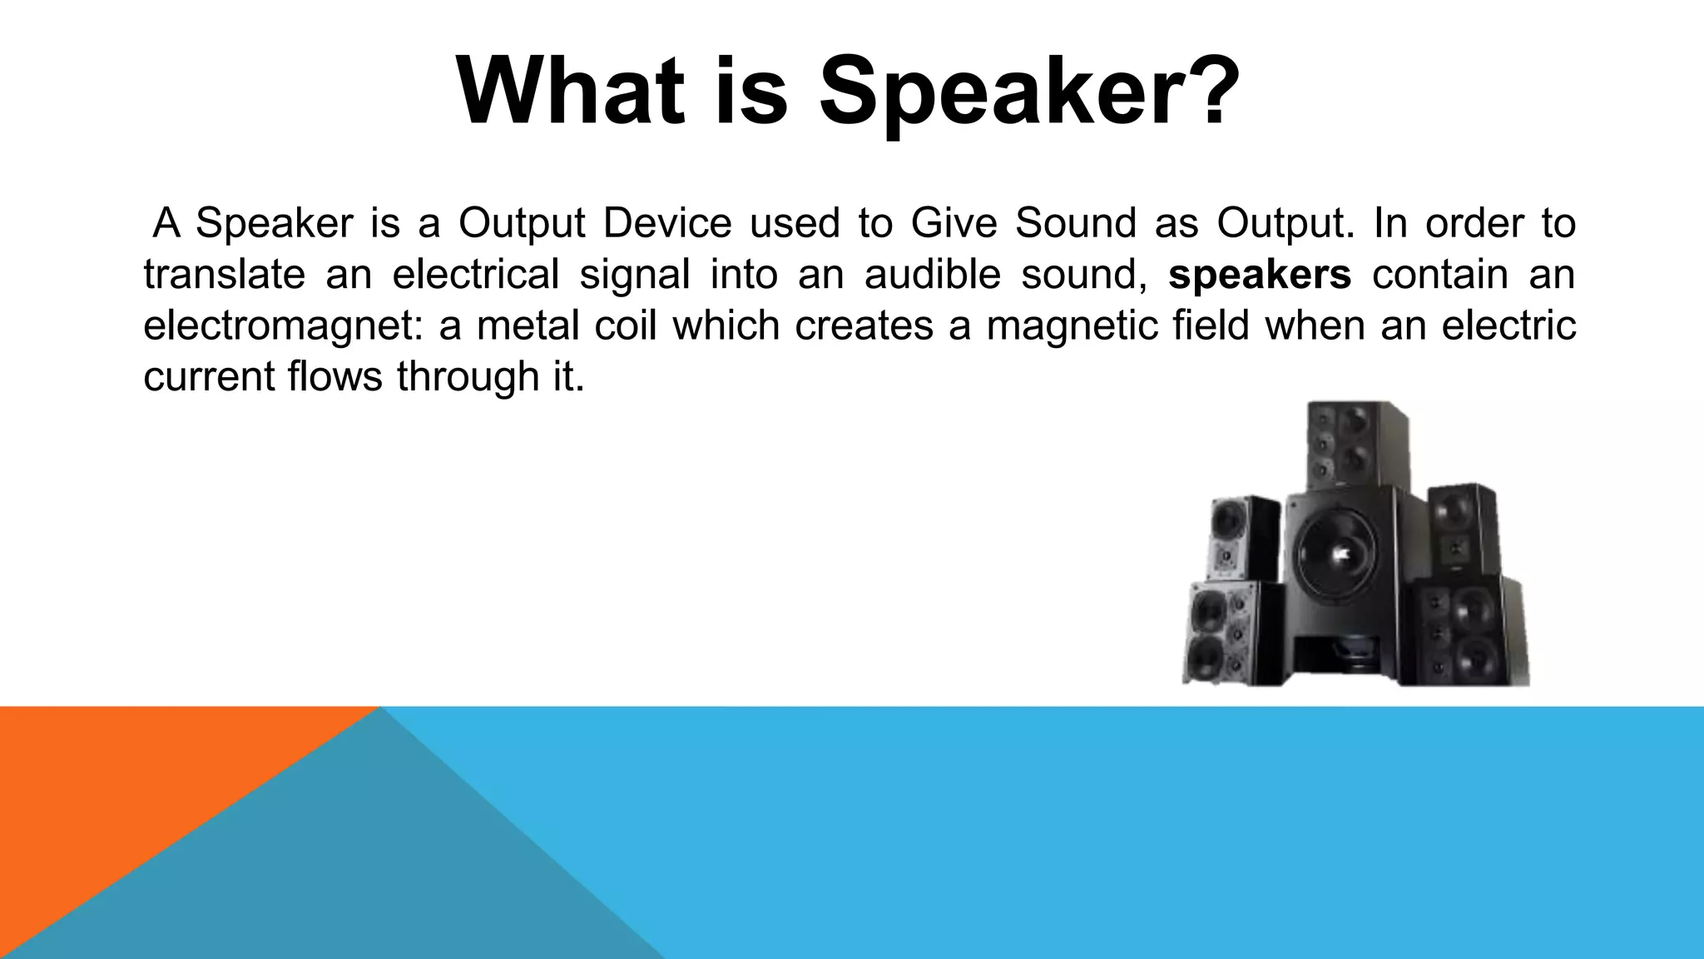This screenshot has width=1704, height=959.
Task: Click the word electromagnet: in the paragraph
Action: (x=283, y=325)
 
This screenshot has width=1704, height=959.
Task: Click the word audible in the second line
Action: (x=932, y=275)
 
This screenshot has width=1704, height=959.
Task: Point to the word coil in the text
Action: (x=625, y=325)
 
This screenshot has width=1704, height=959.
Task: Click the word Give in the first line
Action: (x=953, y=223)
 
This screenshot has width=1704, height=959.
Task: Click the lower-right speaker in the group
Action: (x=1469, y=633)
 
